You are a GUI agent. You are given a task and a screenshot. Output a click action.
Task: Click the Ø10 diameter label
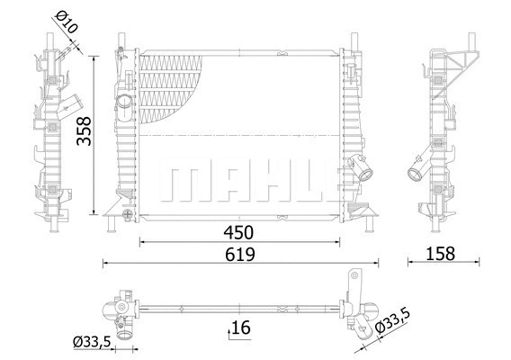click(x=67, y=22)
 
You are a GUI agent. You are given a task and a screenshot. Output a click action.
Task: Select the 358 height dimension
click(x=82, y=133)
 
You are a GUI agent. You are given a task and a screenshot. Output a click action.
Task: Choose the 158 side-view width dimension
click(x=441, y=254)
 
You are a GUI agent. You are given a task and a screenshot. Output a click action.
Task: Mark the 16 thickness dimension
click(x=240, y=328)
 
